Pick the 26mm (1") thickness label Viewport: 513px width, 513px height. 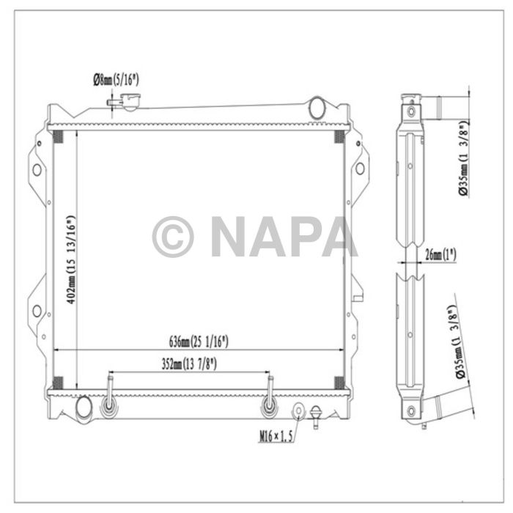tap(440, 255)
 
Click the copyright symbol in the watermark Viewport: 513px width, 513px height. tap(173, 237)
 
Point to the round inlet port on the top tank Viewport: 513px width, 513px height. tap(317, 108)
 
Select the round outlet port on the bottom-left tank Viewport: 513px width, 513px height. tap(84, 405)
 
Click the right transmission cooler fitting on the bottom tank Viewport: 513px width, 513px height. tap(270, 405)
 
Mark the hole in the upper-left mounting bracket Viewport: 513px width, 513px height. tap(36, 169)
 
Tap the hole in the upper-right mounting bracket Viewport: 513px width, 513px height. tap(359, 169)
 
